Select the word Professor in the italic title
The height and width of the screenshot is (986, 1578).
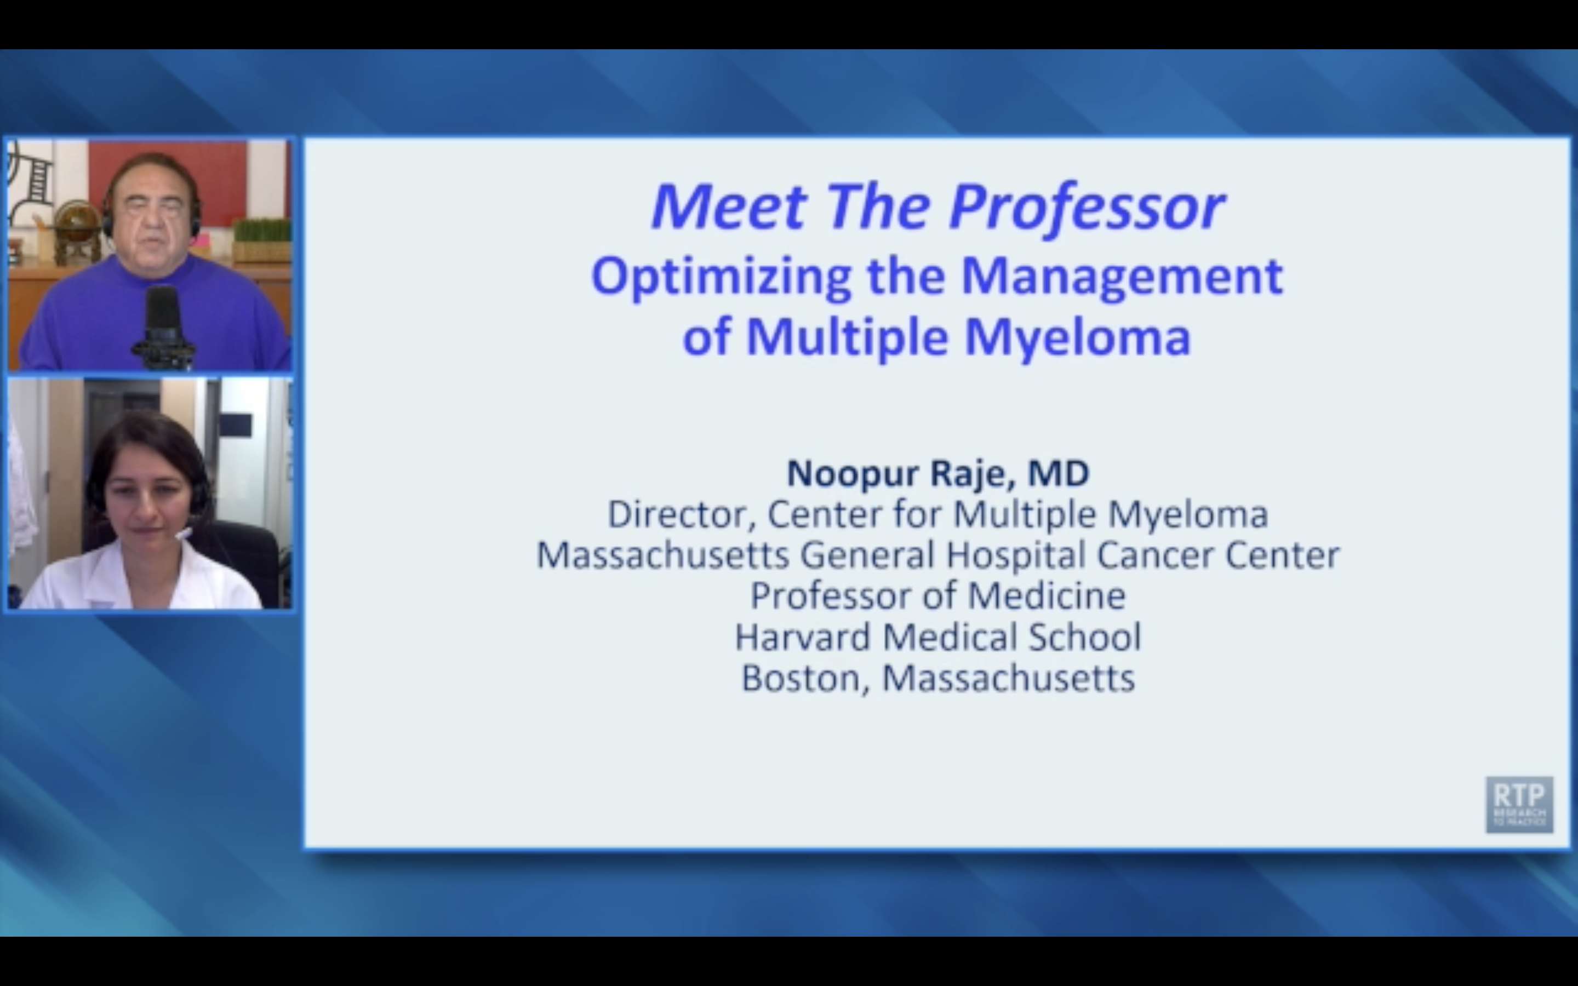coord(1087,208)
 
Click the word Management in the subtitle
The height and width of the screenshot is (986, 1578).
coord(1122,277)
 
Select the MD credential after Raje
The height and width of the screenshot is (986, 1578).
coord(1059,473)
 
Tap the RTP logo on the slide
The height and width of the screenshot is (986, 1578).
coord(1519,804)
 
